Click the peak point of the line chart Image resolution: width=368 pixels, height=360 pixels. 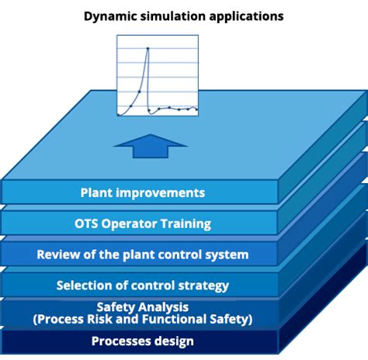pyautogui.click(x=147, y=50)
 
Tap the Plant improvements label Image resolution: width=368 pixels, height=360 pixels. pyautogui.click(x=143, y=192)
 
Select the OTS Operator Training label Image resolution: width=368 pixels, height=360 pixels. pyautogui.click(x=143, y=223)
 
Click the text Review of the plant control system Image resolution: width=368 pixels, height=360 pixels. pyautogui.click(x=143, y=254)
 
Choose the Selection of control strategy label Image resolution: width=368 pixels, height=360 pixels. pyautogui.click(x=143, y=286)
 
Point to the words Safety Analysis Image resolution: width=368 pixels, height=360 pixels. pyautogui.click(x=143, y=306)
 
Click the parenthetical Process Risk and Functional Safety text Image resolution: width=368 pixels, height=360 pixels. pyautogui.click(x=143, y=319)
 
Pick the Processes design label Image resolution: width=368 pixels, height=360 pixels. pyautogui.click(x=143, y=341)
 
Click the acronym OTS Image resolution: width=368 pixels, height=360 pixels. pyautogui.click(x=88, y=223)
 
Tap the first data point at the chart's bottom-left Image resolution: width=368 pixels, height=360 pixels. pyautogui.click(x=119, y=114)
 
